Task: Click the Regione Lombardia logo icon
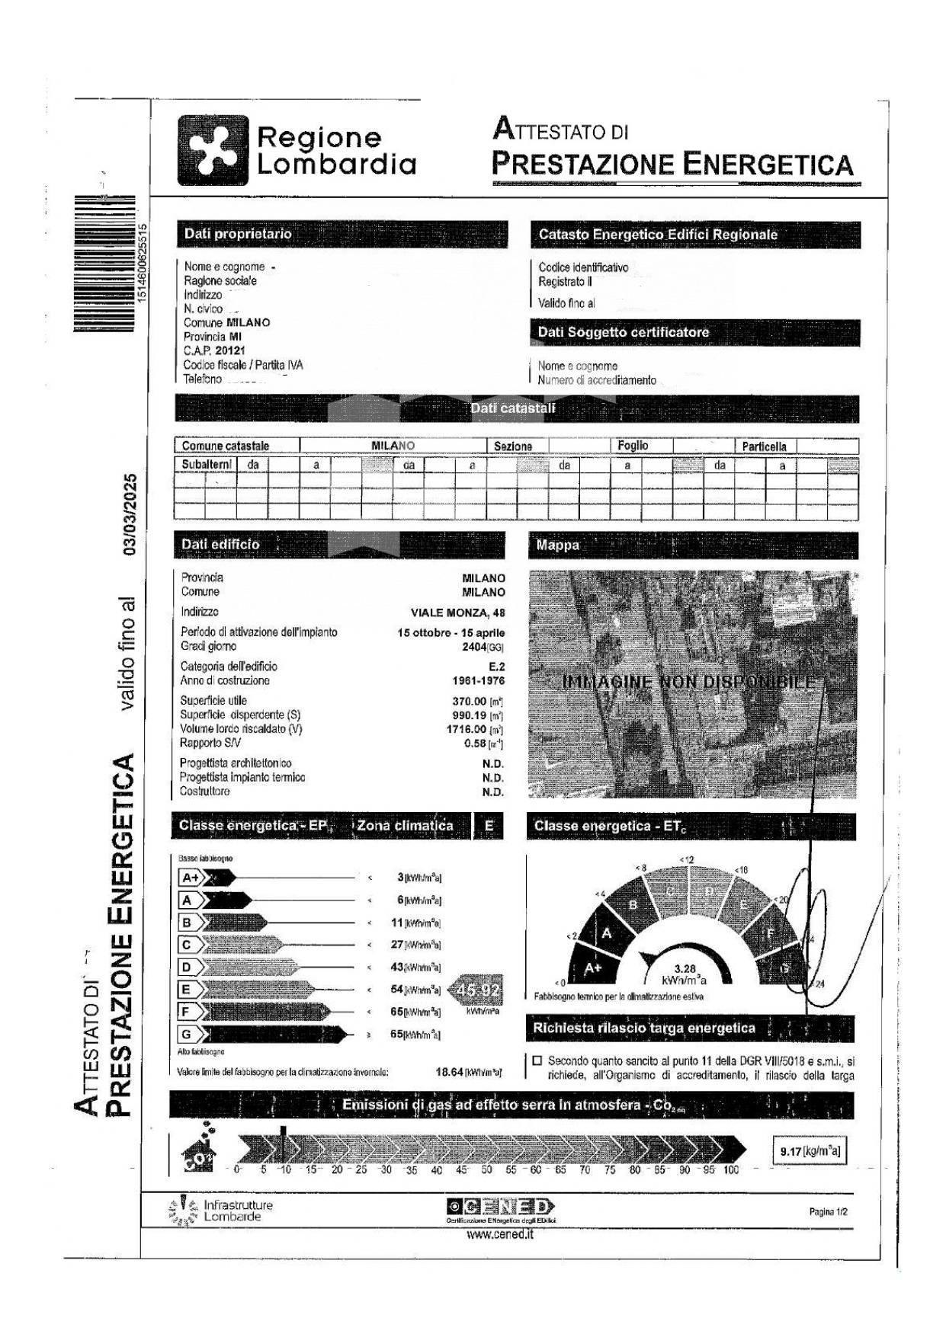(213, 150)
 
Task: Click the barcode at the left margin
(104, 264)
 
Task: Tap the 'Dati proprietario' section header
(238, 234)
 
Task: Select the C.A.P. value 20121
(229, 350)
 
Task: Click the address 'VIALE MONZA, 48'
(457, 613)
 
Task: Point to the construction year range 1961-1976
(478, 681)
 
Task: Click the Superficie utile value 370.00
(469, 701)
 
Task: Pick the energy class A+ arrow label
(191, 878)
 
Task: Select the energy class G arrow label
(187, 1035)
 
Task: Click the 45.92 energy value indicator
(477, 990)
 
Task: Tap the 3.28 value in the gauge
(685, 969)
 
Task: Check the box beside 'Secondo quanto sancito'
(537, 1060)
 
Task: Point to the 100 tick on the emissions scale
(730, 1169)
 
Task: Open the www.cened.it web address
(499, 1235)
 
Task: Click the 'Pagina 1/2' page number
(828, 1211)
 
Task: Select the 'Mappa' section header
(557, 545)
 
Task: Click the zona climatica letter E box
(489, 826)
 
